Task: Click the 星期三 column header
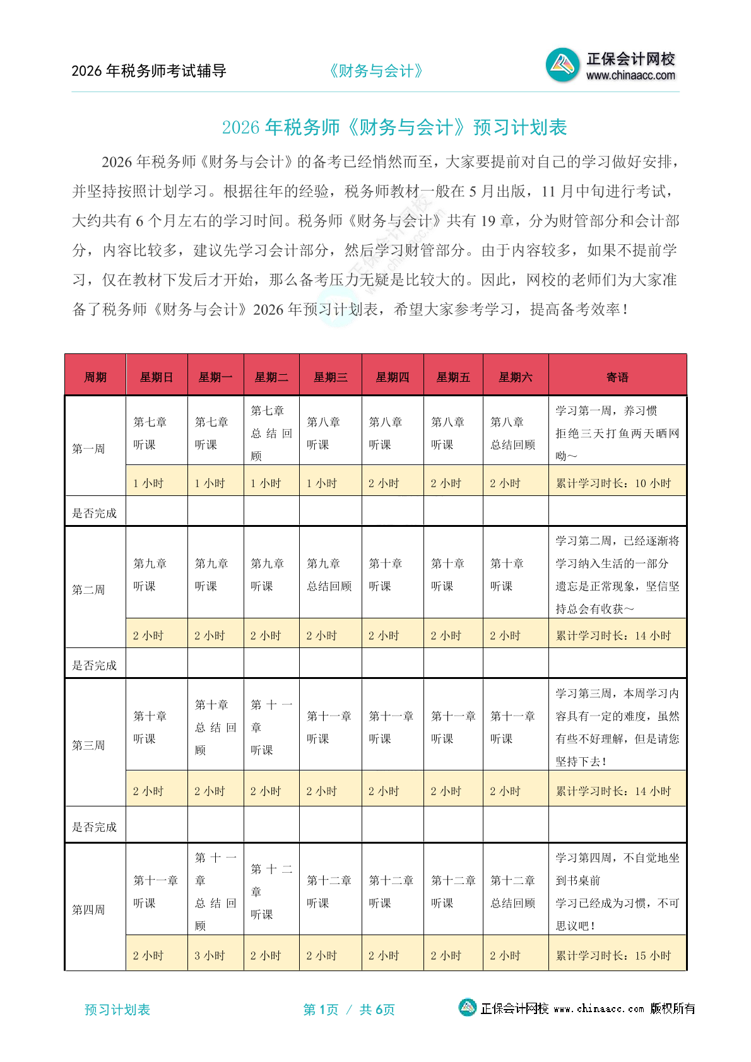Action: click(330, 377)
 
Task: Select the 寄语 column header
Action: click(617, 377)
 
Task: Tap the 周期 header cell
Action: click(95, 377)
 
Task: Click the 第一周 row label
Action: click(88, 449)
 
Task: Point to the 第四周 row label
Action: click(88, 909)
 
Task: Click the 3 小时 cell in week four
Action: click(210, 955)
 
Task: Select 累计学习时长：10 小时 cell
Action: click(613, 483)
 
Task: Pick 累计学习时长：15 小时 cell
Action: click(613, 955)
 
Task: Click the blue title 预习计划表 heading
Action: click(394, 127)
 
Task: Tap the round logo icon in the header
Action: click(562, 64)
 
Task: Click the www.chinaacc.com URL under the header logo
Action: click(630, 76)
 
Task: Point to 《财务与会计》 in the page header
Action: click(375, 71)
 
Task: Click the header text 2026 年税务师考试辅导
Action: click(149, 71)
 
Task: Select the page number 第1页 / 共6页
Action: click(349, 1010)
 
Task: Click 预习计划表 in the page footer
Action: click(117, 1010)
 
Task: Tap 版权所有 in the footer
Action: click(673, 1008)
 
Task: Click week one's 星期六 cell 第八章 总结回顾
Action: click(512, 433)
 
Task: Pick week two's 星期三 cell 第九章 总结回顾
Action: click(329, 574)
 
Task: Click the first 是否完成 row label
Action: click(94, 513)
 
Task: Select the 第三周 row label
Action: click(88, 745)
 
